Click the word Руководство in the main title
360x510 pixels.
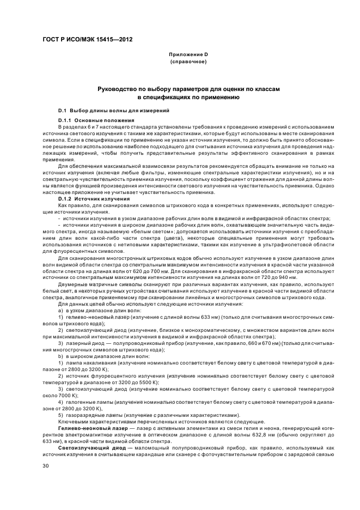click(118, 88)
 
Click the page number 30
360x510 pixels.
click(46, 466)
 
